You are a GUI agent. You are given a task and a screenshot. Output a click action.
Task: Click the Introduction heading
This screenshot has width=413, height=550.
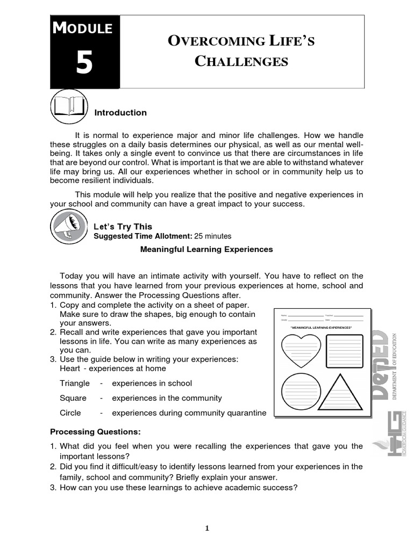[120, 113]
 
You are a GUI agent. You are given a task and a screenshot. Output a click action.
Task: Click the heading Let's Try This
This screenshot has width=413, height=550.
[123, 227]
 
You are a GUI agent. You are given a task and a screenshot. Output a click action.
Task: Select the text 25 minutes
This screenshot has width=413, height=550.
[213, 236]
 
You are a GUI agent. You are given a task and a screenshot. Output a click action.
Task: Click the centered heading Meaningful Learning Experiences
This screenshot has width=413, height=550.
[206, 249]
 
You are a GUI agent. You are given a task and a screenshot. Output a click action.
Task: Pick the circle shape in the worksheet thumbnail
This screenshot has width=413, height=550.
[301, 393]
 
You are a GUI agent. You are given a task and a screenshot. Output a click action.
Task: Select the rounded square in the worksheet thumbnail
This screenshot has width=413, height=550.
[344, 351]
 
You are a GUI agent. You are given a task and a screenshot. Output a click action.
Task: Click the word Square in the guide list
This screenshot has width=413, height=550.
[73, 398]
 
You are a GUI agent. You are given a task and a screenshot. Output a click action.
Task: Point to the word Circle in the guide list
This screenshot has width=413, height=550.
[70, 413]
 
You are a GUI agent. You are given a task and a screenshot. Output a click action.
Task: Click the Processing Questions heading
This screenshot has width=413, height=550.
[95, 431]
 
